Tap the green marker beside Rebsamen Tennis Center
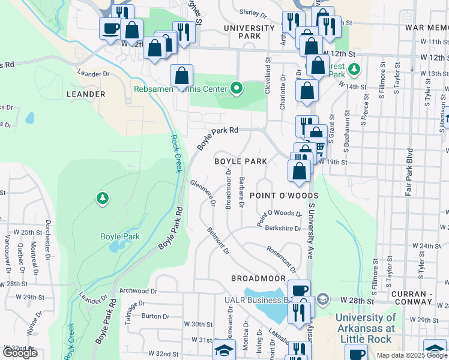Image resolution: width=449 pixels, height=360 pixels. tap(237, 89)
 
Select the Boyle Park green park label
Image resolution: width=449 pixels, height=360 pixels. tap(120, 236)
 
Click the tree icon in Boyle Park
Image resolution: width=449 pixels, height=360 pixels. tap(103, 198)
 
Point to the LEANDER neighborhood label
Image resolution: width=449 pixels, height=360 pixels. tap(86, 94)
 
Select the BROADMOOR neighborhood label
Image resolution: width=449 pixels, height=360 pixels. tap(258, 278)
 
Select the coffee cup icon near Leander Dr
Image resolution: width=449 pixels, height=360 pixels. tap(110, 28)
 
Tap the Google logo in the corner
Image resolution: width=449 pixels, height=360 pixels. tap(20, 353)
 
